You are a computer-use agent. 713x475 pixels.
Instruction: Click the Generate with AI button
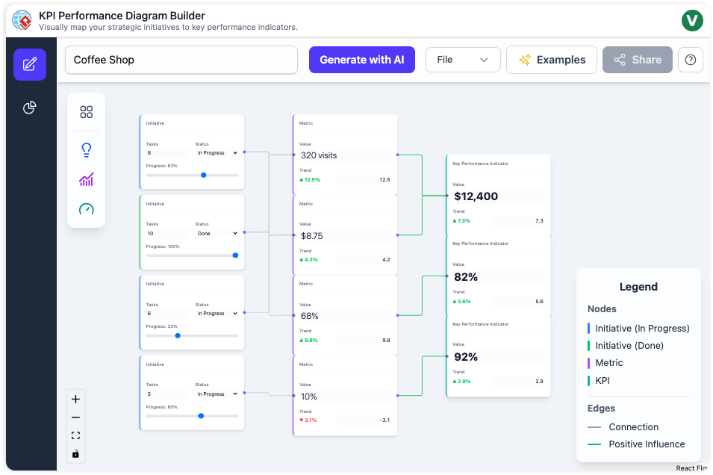tap(361, 60)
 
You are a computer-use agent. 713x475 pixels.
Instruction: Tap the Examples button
tap(551, 60)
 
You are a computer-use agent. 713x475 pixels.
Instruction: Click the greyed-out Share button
tap(637, 60)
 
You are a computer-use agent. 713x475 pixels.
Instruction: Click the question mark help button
tap(690, 60)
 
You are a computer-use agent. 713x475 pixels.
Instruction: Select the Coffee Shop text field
tap(181, 60)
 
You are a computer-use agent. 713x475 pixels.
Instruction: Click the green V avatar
tap(692, 20)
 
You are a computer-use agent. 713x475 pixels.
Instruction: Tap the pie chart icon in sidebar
tap(29, 108)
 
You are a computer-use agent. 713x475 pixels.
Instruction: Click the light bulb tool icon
tap(87, 150)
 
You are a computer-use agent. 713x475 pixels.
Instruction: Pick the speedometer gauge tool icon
tap(87, 209)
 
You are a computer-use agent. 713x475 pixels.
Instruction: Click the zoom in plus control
tap(75, 400)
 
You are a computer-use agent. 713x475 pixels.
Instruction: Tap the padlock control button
tap(75, 454)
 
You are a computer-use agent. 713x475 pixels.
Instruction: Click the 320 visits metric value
tap(320, 155)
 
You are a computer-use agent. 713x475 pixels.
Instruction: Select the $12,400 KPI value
tap(476, 196)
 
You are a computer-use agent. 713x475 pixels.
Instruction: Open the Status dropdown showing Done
tap(217, 233)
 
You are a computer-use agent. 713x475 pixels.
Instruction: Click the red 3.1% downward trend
tap(308, 420)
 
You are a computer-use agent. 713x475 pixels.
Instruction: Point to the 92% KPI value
tap(466, 357)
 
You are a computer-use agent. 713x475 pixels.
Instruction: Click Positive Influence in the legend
tap(646, 444)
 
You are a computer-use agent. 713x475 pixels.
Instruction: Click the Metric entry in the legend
tap(608, 363)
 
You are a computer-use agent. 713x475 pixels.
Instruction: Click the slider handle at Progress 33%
tap(177, 335)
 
